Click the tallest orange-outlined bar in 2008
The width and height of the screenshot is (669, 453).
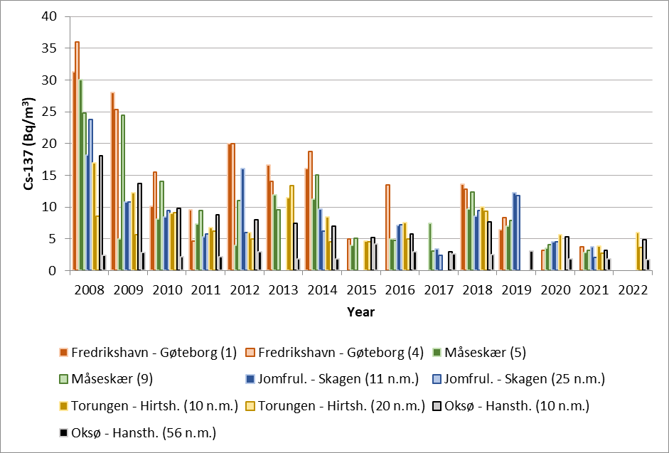click(x=77, y=156)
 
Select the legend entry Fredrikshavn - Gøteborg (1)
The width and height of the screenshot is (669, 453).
click(x=151, y=352)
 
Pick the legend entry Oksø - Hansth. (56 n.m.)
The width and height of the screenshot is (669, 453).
click(x=137, y=432)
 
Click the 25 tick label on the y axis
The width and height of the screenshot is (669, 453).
click(x=50, y=112)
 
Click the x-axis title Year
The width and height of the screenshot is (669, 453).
click(x=361, y=311)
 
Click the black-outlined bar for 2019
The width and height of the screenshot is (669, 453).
click(x=530, y=261)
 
